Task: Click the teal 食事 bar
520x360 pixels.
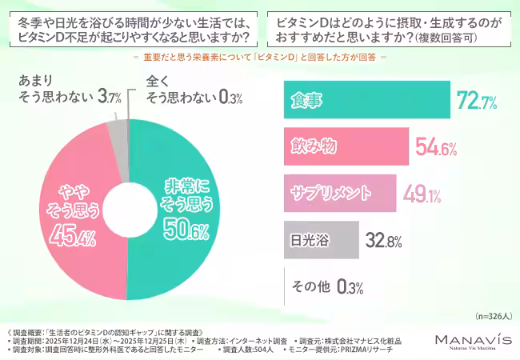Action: [368, 99]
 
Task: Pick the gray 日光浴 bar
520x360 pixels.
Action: [321, 238]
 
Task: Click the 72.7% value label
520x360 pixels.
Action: [477, 100]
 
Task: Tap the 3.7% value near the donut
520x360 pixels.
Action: [110, 98]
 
